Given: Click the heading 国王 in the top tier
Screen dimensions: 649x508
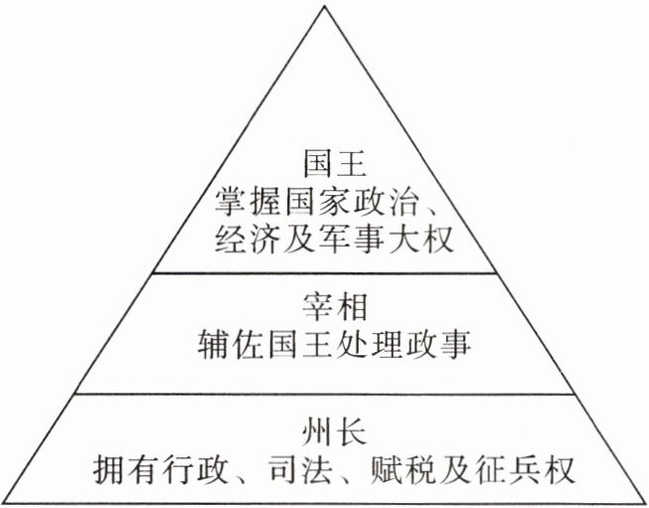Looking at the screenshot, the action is click(x=323, y=160).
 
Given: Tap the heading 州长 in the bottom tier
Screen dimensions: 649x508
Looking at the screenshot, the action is click(x=323, y=432).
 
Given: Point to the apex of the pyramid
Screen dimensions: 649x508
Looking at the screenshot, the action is click(x=323, y=8).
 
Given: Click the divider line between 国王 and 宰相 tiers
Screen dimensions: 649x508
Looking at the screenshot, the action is click(x=323, y=271).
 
